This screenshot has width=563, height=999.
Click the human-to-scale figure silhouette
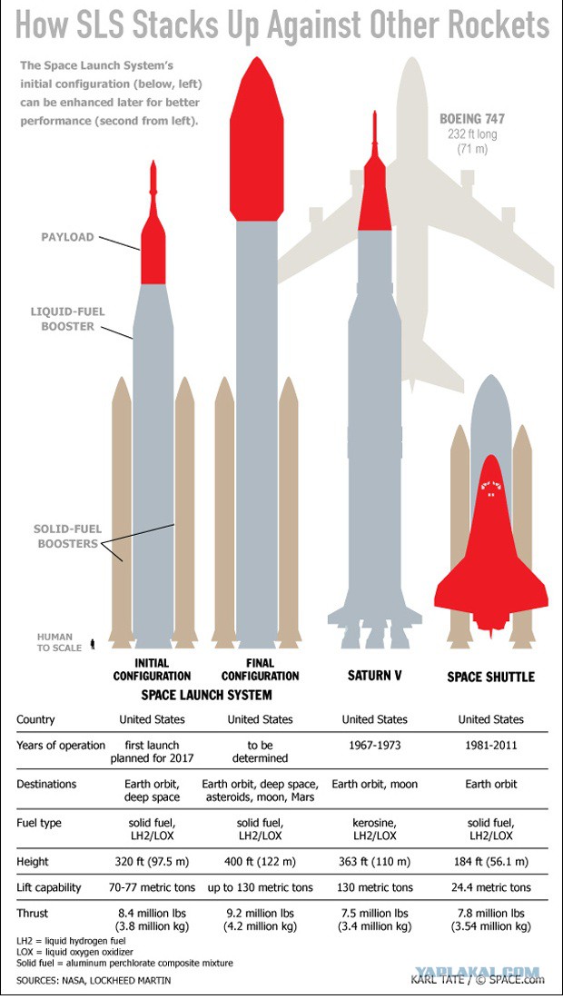(93, 644)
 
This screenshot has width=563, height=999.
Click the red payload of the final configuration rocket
(257, 139)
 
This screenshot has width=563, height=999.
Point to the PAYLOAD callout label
(67, 237)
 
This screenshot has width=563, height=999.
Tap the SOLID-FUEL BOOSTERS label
(67, 537)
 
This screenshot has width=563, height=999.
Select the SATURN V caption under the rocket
(374, 675)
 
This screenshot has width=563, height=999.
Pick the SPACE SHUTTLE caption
(490, 676)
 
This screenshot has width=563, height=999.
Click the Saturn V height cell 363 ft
(374, 862)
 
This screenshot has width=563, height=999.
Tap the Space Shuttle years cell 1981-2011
(491, 745)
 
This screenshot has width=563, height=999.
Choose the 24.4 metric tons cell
(491, 887)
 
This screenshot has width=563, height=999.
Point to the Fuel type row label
(39, 823)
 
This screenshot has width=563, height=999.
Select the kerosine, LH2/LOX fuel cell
(374, 829)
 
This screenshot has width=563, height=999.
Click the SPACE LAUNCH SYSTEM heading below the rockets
(206, 695)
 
